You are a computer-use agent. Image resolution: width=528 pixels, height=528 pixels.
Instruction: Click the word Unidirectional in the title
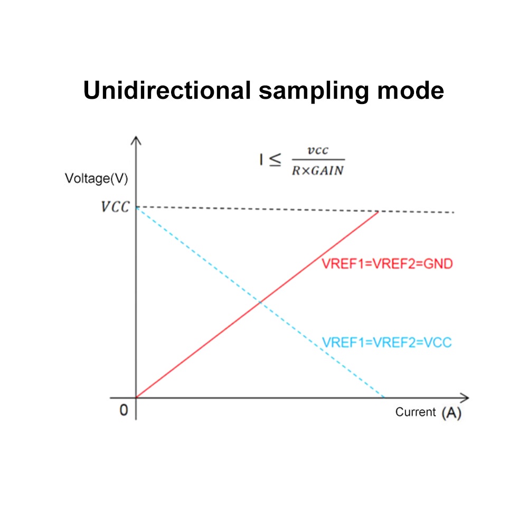(167, 91)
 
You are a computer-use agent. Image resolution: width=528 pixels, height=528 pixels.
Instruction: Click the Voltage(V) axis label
(96, 178)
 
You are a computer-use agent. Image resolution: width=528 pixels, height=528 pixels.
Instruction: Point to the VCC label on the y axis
(115, 206)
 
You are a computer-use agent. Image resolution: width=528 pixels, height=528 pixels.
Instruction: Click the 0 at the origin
(124, 410)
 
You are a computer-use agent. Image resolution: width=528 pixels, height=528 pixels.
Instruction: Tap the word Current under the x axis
(416, 412)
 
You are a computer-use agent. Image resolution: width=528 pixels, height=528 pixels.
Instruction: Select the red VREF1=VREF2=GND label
(387, 264)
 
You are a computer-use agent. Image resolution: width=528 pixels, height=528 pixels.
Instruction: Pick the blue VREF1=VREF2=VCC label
(387, 342)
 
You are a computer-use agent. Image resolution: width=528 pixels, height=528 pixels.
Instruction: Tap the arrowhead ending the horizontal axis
(465, 397)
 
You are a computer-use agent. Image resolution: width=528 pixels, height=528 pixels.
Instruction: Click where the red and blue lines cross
(259, 302)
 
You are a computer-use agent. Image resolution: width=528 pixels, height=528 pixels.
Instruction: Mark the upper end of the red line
(379, 212)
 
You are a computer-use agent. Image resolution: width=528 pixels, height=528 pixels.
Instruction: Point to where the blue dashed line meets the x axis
(384, 397)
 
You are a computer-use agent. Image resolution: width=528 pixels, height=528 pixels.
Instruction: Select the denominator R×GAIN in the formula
(318, 171)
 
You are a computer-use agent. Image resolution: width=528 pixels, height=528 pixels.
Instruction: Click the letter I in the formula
(261, 160)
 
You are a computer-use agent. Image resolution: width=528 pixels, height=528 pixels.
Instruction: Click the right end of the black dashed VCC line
(453, 212)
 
